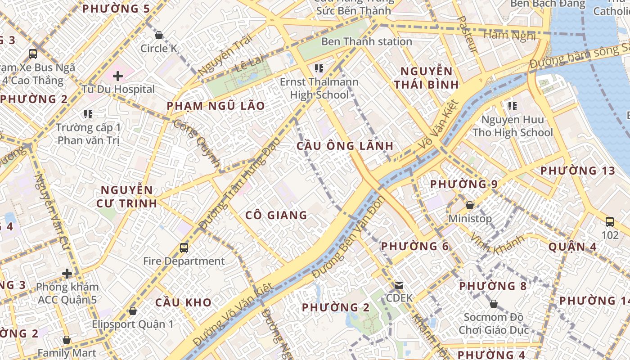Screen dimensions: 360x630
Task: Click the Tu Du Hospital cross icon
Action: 118,76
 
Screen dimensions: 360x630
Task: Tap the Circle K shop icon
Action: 158,35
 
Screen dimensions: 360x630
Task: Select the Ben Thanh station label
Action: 366,42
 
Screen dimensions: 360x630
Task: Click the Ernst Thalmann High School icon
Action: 319,68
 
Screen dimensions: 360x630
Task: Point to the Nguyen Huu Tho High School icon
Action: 512,106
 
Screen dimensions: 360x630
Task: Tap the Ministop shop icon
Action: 470,205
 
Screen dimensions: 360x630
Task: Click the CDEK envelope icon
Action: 399,285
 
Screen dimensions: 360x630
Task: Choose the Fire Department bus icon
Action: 184,247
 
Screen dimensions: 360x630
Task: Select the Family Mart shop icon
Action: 67,340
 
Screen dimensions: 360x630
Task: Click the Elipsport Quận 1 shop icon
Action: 133,311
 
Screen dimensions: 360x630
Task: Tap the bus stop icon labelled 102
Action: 610,221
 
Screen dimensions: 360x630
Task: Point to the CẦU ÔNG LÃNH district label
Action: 345,146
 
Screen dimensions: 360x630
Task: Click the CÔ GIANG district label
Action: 276,215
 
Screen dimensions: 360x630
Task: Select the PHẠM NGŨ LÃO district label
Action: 216,106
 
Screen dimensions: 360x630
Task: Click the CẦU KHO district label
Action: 183,302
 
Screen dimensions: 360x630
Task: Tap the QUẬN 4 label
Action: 572,247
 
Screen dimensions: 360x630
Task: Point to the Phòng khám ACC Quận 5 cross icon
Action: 67,274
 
